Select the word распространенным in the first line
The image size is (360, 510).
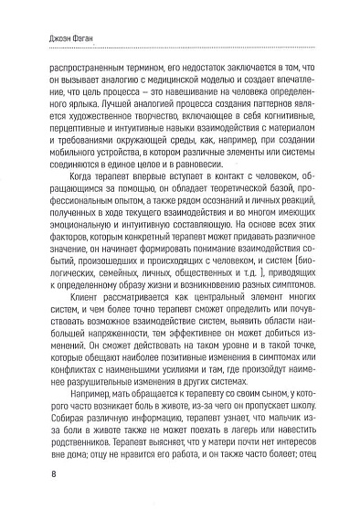[x=77, y=67]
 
